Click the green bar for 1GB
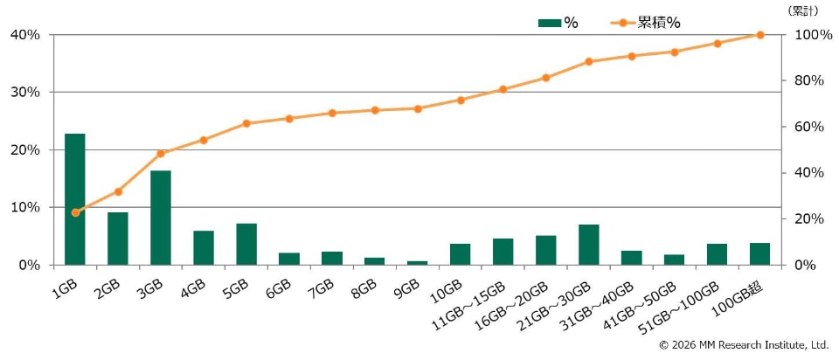[75, 199]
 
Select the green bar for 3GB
[161, 218]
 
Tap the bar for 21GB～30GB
[588, 245]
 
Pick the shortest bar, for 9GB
[418, 263]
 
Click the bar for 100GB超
[759, 253]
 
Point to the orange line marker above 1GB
[75, 212]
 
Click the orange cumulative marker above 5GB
[246, 123]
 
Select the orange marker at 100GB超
[759, 35]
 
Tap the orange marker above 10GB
[461, 100]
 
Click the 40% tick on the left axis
[24, 35]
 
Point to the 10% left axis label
[24, 208]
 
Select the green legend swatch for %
[550, 23]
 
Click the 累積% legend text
[659, 23]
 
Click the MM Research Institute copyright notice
[745, 345]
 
